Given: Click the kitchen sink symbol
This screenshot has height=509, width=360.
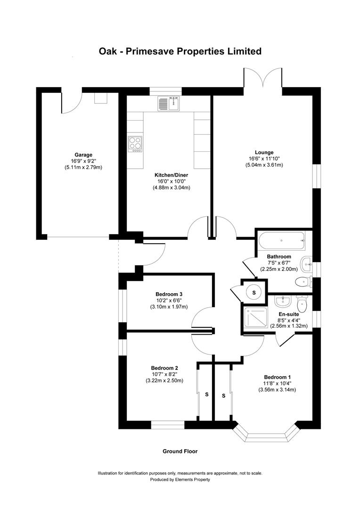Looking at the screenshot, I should (x=168, y=103).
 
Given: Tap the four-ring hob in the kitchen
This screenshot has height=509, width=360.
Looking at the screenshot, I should (x=135, y=143).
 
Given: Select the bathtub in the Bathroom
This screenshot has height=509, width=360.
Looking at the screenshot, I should (x=282, y=242).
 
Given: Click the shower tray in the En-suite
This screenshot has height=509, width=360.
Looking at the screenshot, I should (x=254, y=319).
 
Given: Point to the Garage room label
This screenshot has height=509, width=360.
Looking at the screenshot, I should (x=83, y=155).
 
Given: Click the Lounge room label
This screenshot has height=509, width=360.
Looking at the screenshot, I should (x=264, y=152).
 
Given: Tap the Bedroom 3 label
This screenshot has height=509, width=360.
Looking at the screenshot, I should (x=165, y=295).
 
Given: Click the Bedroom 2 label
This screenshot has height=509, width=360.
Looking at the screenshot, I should (x=164, y=368).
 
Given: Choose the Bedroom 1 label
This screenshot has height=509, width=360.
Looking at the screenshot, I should (x=277, y=377).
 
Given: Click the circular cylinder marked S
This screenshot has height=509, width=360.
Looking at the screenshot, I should (x=254, y=293).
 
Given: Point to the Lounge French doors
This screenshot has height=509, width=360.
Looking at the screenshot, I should (x=263, y=78).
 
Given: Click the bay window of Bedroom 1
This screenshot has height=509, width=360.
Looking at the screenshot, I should (x=266, y=434).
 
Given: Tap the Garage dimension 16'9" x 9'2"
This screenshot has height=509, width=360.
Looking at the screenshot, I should (x=83, y=161).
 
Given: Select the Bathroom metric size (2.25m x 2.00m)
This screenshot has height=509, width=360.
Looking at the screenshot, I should (x=279, y=269).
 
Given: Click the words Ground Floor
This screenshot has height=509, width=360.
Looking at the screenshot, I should (x=180, y=451).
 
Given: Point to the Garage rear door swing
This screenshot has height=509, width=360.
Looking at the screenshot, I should (x=72, y=103).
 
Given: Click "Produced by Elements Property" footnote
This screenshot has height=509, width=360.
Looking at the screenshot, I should (x=180, y=479).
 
